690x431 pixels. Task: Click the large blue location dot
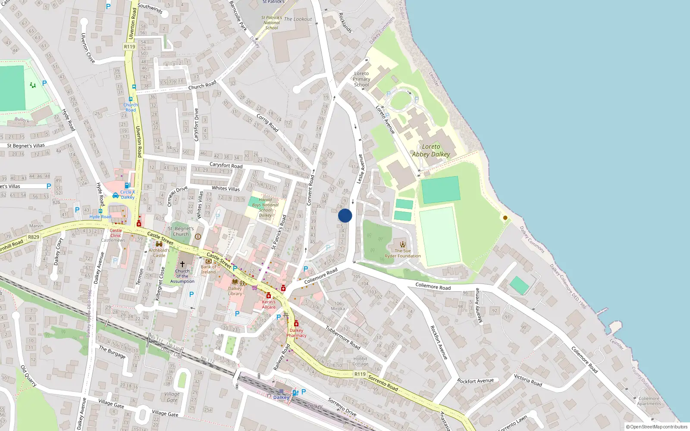pyautogui.click(x=345, y=215)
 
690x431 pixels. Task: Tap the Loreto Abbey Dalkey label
pyautogui.click(x=431, y=150)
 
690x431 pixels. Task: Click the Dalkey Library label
pyautogui.click(x=235, y=291)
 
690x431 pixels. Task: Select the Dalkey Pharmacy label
pyautogui.click(x=296, y=333)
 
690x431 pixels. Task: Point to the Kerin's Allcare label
pyautogui.click(x=269, y=304)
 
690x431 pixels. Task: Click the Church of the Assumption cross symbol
pyautogui.click(x=182, y=264)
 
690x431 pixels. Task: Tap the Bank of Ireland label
pyautogui.click(x=208, y=269)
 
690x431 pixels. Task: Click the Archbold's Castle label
pyautogui.click(x=159, y=253)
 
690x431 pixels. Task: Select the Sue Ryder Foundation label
pyautogui.click(x=403, y=253)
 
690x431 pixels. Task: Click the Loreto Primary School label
pyautogui.click(x=361, y=79)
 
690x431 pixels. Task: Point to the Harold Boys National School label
pyautogui.click(x=265, y=207)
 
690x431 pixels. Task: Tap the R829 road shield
pyautogui.click(x=34, y=237)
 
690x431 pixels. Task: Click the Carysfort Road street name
pyautogui.click(x=226, y=165)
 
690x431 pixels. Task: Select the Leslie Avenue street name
pyautogui.click(x=360, y=169)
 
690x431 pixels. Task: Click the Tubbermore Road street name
pyautogui.click(x=343, y=337)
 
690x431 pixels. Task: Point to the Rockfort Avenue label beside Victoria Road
pyautogui.click(x=475, y=381)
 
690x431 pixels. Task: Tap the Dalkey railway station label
pyautogui.click(x=281, y=397)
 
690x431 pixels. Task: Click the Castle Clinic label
pyautogui.click(x=116, y=233)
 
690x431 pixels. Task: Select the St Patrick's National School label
pyautogui.click(x=272, y=23)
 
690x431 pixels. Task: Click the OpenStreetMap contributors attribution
pyautogui.click(x=657, y=427)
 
